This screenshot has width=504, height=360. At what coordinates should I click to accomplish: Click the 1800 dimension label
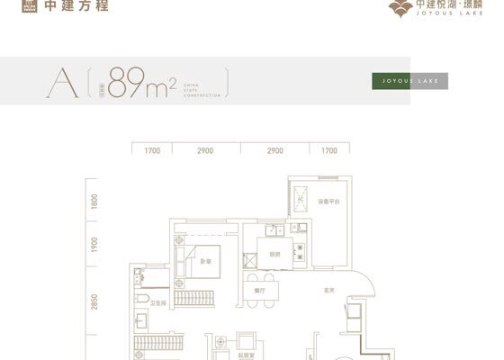click(93, 202)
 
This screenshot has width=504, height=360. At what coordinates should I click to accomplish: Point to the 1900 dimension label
click(93, 245)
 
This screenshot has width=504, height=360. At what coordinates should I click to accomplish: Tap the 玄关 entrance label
click(329, 290)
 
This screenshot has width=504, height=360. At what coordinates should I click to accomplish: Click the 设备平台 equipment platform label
click(327, 202)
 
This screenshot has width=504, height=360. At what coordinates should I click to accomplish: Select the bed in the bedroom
click(205, 260)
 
